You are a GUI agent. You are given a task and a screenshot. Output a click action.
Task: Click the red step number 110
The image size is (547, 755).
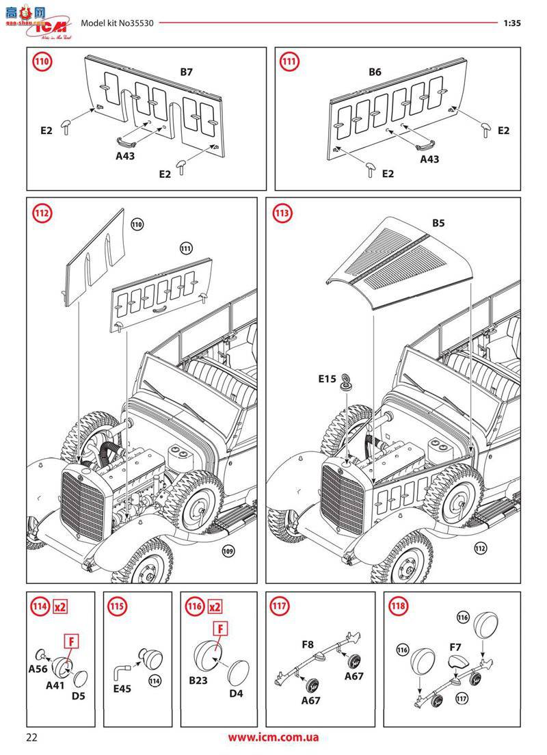(x=42, y=62)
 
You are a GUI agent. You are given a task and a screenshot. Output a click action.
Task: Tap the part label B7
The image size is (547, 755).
(x=187, y=71)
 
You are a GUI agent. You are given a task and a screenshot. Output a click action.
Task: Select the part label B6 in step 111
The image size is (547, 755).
(x=375, y=72)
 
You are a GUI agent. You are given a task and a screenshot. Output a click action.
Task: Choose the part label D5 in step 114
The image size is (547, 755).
(x=79, y=696)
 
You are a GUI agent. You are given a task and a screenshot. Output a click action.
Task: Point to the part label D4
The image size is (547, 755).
(x=236, y=693)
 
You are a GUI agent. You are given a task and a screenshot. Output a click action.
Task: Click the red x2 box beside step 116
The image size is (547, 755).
(x=215, y=607)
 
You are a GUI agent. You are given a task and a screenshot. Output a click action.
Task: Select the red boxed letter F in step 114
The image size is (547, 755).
(x=71, y=641)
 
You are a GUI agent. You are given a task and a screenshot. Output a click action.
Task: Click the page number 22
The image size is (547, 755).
(x=32, y=737)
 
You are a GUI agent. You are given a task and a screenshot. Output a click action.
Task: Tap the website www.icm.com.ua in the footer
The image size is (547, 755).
(x=273, y=737)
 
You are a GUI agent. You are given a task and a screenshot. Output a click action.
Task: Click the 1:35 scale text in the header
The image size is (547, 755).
(x=512, y=23)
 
